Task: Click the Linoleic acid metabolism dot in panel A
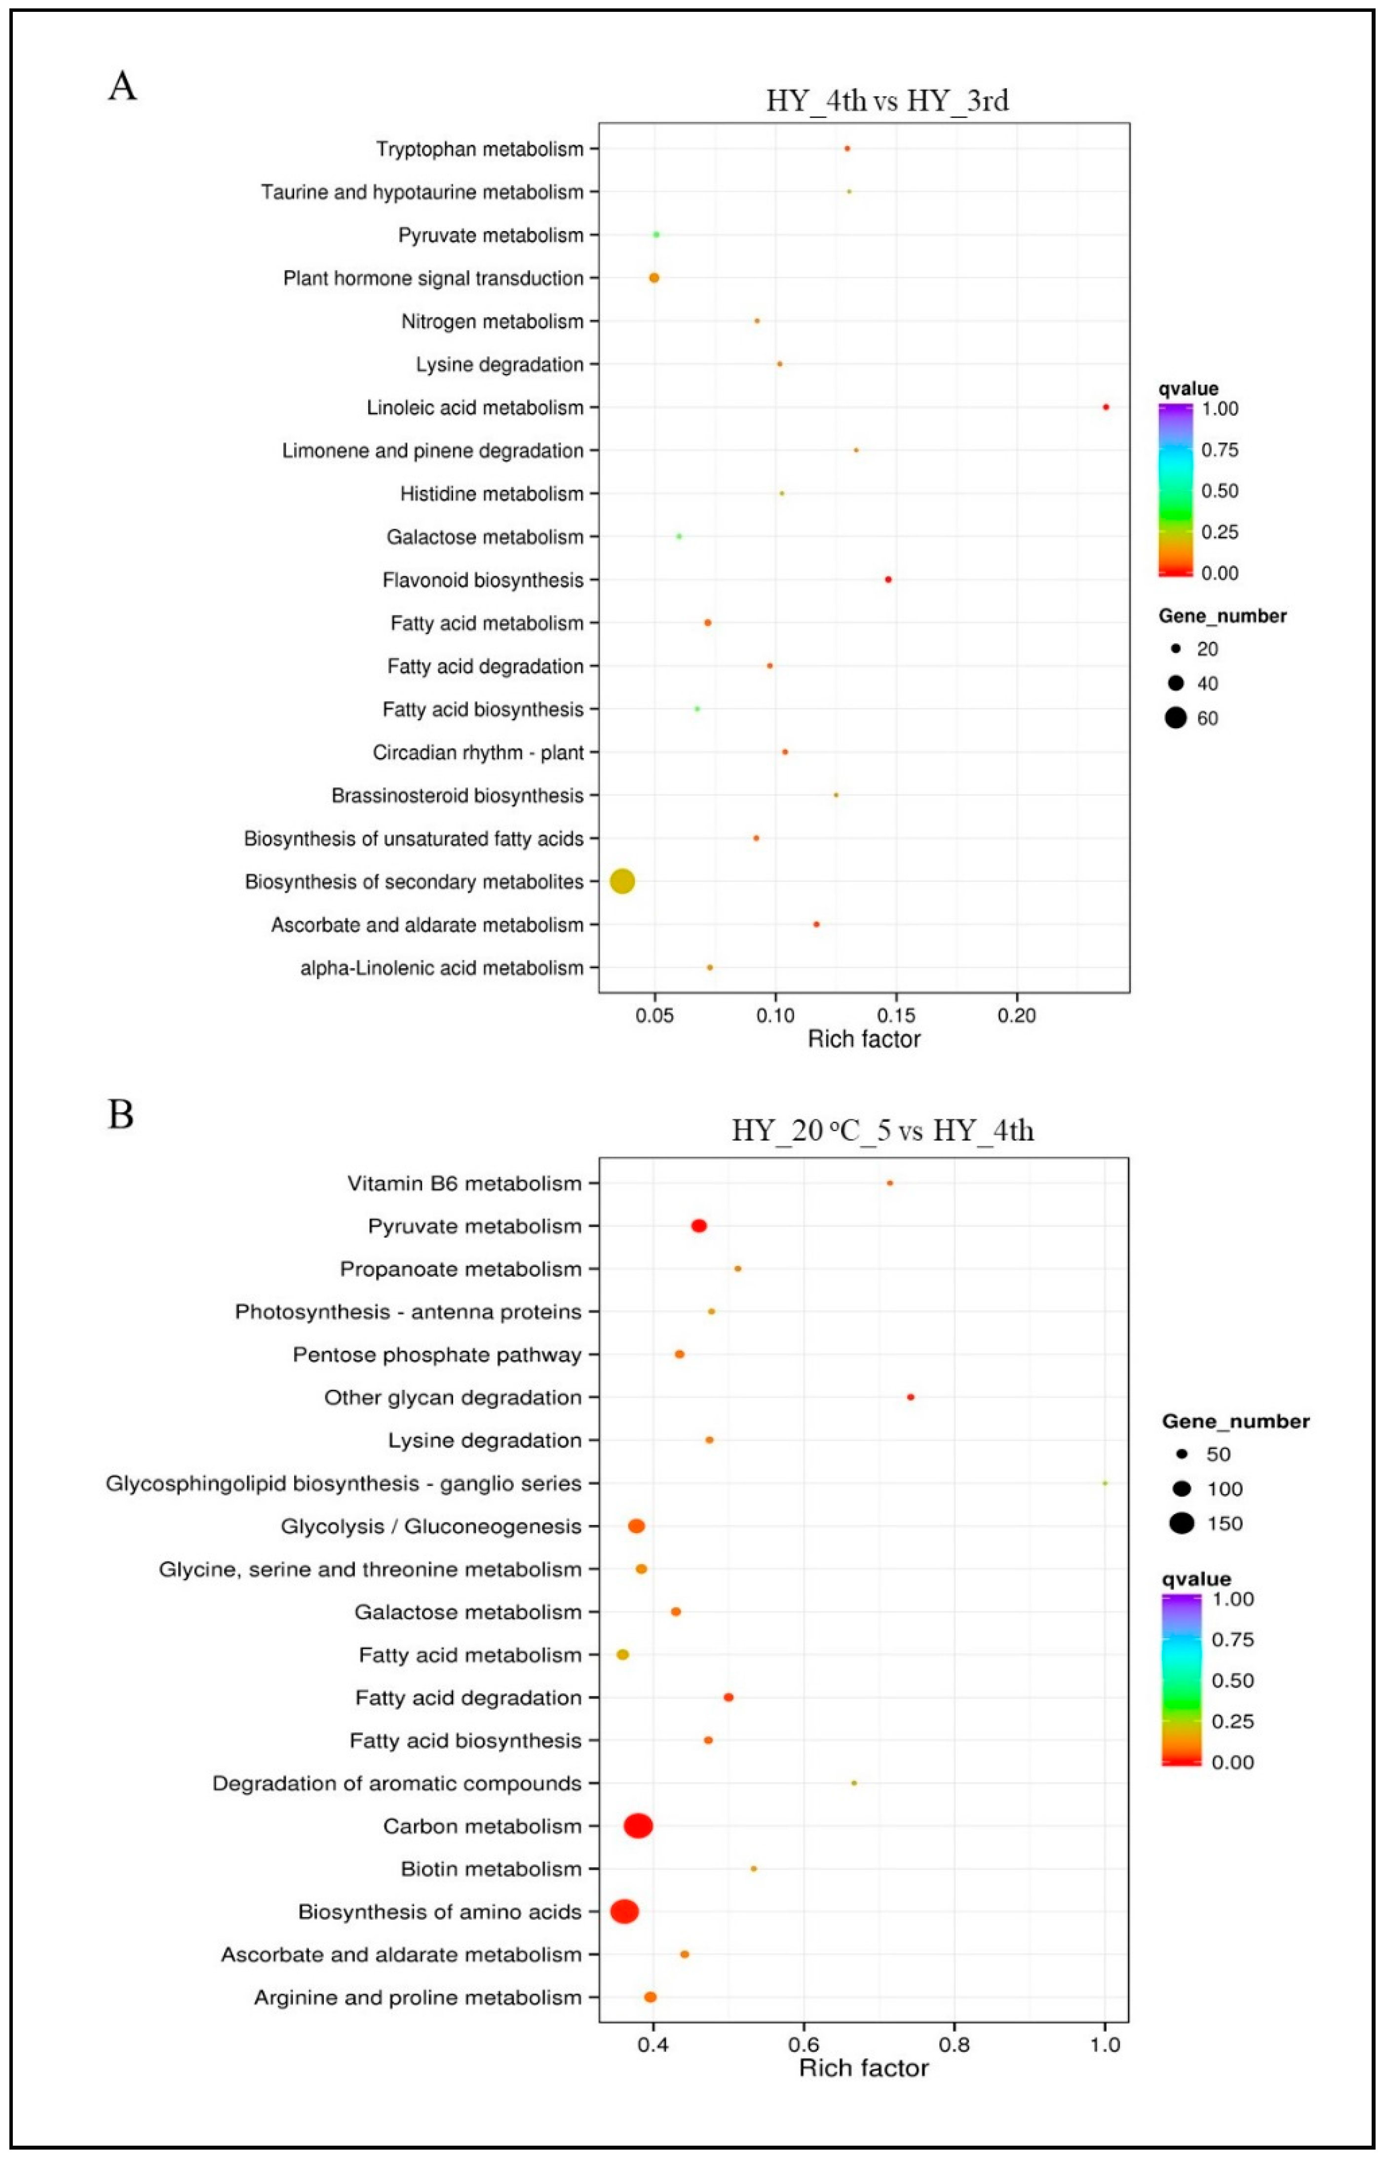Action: coord(1106,407)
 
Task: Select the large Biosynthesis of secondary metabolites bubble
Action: coord(622,881)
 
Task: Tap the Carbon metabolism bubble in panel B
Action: coord(638,1826)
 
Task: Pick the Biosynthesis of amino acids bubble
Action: coord(624,1912)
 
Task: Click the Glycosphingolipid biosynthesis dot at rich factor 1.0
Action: coord(1105,1483)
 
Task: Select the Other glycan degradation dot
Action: coord(911,1397)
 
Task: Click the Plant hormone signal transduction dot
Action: coord(654,278)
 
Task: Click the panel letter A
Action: coord(122,87)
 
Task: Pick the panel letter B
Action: coord(120,1115)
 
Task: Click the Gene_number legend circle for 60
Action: coord(1176,718)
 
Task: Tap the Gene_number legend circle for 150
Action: coord(1182,1524)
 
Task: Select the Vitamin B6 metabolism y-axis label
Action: coord(464,1183)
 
